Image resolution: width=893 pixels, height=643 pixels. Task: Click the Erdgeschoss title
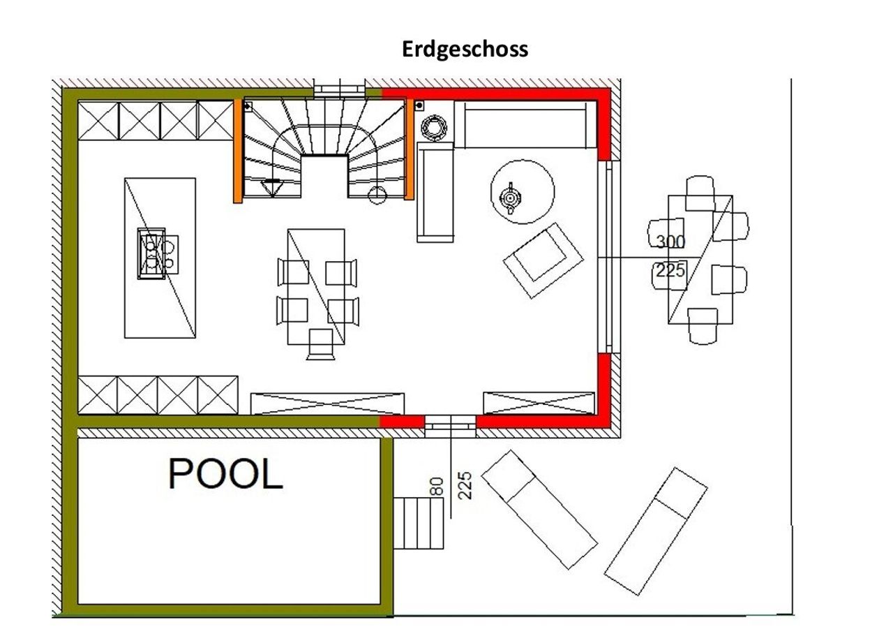[x=465, y=50]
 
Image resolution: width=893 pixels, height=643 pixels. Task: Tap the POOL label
[x=225, y=474]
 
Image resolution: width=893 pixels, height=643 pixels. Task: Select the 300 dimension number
[x=670, y=242]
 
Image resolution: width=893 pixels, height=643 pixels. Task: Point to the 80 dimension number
[x=437, y=486]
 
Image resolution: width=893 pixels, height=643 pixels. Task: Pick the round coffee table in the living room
[x=523, y=192]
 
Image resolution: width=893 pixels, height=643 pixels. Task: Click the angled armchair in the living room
[x=543, y=261]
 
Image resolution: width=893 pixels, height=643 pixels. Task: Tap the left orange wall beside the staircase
[x=238, y=151]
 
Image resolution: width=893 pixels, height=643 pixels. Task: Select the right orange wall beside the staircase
[x=410, y=149]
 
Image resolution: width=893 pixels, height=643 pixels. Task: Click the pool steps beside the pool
[x=419, y=523]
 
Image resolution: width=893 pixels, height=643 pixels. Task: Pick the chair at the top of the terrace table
[x=700, y=193]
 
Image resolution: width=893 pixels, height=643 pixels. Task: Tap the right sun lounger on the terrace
[x=656, y=532]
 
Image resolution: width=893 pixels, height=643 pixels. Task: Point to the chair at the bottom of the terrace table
[x=703, y=326]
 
